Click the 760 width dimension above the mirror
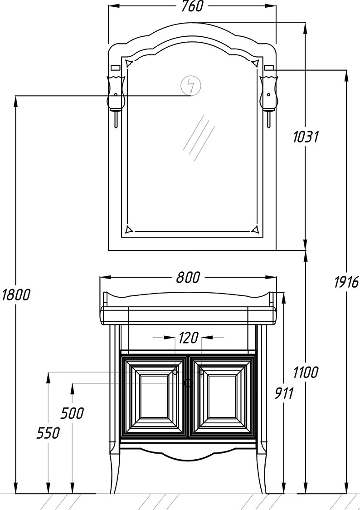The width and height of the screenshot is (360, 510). click(x=192, y=6)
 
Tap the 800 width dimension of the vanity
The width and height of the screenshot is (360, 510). click(x=188, y=277)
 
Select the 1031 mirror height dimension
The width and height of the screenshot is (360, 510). click(x=306, y=137)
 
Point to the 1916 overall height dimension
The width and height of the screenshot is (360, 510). click(x=347, y=282)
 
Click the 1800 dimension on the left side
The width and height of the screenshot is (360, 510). click(x=15, y=294)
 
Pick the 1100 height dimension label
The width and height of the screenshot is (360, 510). click(x=306, y=372)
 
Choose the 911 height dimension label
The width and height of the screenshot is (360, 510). click(x=284, y=393)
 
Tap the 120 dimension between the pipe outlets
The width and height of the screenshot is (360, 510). click(x=188, y=338)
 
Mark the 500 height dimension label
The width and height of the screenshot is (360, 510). click(x=72, y=413)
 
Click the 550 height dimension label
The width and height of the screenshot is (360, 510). click(x=48, y=433)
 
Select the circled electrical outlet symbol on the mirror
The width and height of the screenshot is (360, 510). click(x=191, y=86)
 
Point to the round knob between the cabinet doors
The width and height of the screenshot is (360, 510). click(x=188, y=383)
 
